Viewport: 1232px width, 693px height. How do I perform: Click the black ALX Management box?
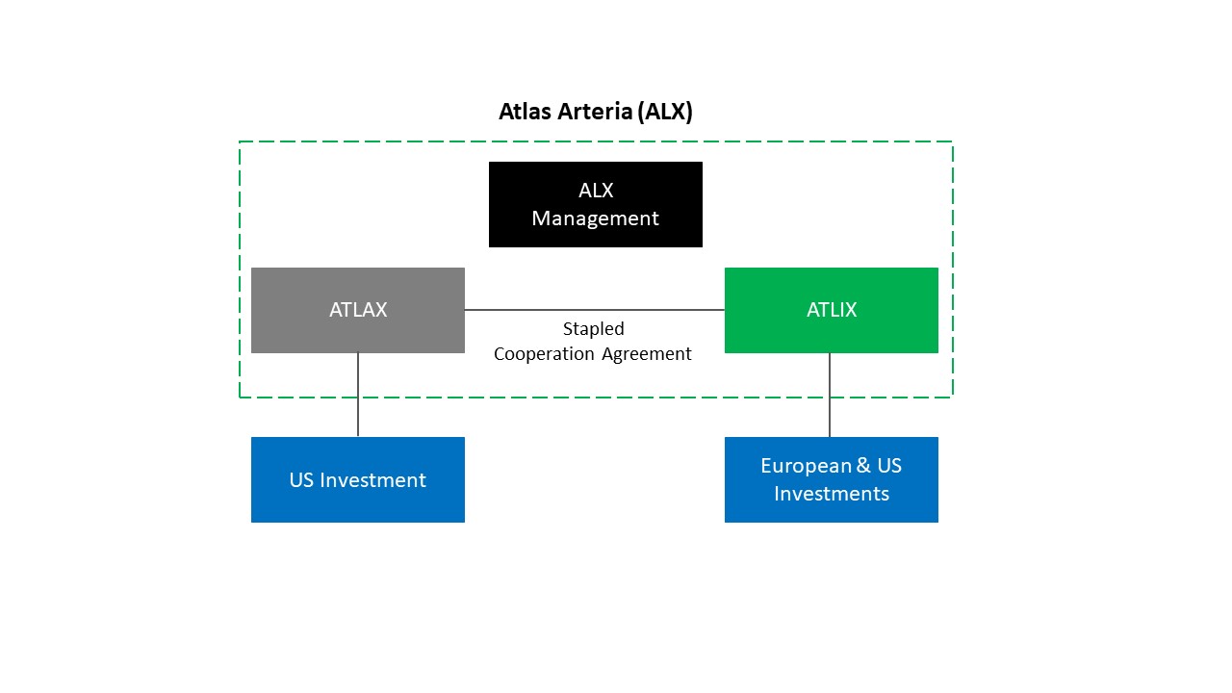click(595, 204)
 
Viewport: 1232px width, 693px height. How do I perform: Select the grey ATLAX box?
click(357, 310)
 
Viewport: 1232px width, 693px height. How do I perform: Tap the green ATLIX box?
click(831, 310)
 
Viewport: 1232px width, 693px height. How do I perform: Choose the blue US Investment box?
click(357, 479)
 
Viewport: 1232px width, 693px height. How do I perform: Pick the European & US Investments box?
click(831, 479)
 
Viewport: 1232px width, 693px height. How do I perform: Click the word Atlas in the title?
click(525, 111)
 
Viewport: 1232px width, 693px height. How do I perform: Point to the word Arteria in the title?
click(595, 111)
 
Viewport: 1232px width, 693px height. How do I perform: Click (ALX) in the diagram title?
click(665, 112)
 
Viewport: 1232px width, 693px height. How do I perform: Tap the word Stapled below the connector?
click(594, 329)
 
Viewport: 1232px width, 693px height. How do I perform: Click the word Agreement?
click(646, 353)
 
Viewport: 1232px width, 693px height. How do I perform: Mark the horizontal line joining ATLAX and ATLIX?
click(595, 310)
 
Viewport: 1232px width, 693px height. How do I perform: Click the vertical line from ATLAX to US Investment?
click(357, 395)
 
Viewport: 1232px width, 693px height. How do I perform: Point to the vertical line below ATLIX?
click(830, 395)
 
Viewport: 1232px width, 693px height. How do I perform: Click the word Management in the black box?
click(595, 218)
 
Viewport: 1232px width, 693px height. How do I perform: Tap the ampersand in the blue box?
click(863, 465)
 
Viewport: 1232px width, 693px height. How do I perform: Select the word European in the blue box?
click(805, 467)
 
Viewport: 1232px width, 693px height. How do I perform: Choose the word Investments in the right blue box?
click(831, 494)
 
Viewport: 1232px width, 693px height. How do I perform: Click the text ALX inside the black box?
click(596, 191)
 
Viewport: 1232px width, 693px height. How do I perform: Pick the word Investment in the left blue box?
click(372, 480)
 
